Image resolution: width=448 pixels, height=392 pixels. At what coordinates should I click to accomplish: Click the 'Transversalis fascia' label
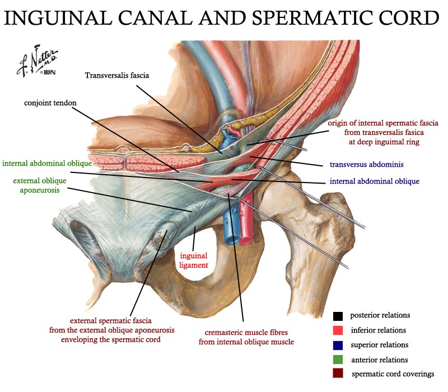pyautogui.click(x=117, y=76)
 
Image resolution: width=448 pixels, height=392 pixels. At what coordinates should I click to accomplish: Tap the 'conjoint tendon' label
pyautogui.click(x=50, y=103)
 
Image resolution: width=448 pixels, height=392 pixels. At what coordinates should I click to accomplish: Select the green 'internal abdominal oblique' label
pyautogui.click(x=47, y=163)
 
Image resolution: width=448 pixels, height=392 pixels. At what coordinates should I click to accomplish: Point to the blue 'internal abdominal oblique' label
pyautogui.click(x=375, y=181)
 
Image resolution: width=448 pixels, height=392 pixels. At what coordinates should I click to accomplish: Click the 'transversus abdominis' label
pyautogui.click(x=367, y=164)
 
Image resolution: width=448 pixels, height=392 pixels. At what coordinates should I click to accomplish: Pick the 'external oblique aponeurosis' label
pyautogui.click(x=40, y=185)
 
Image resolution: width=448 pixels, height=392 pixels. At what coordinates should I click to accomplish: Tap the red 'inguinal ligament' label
pyautogui.click(x=194, y=260)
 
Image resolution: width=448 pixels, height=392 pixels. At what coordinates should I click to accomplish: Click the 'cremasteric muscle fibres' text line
pyautogui.click(x=246, y=332)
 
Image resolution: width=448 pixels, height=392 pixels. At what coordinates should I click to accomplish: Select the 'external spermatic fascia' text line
pyautogui.click(x=110, y=320)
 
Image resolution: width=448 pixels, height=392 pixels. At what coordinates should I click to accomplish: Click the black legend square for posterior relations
pyautogui.click(x=338, y=316)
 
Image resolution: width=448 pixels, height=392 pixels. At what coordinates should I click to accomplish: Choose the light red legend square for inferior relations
pyautogui.click(x=338, y=330)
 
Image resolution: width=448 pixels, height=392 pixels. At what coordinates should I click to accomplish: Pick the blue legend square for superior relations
pyautogui.click(x=338, y=345)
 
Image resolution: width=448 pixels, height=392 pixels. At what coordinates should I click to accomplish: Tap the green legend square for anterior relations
pyautogui.click(x=338, y=360)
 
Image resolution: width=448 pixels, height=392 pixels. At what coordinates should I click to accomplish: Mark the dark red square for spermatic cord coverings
pyautogui.click(x=338, y=374)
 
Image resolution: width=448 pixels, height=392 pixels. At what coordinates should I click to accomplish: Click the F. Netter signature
pyautogui.click(x=37, y=61)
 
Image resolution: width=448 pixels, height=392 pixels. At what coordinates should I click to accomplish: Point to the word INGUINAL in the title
pyautogui.click(x=58, y=18)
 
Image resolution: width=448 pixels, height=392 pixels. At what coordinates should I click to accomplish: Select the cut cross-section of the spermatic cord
pyautogui.click(x=162, y=240)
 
